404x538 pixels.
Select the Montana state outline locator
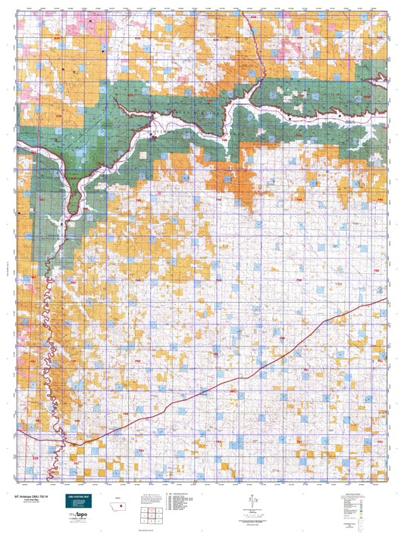click(120, 496)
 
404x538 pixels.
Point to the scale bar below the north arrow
click(250, 512)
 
